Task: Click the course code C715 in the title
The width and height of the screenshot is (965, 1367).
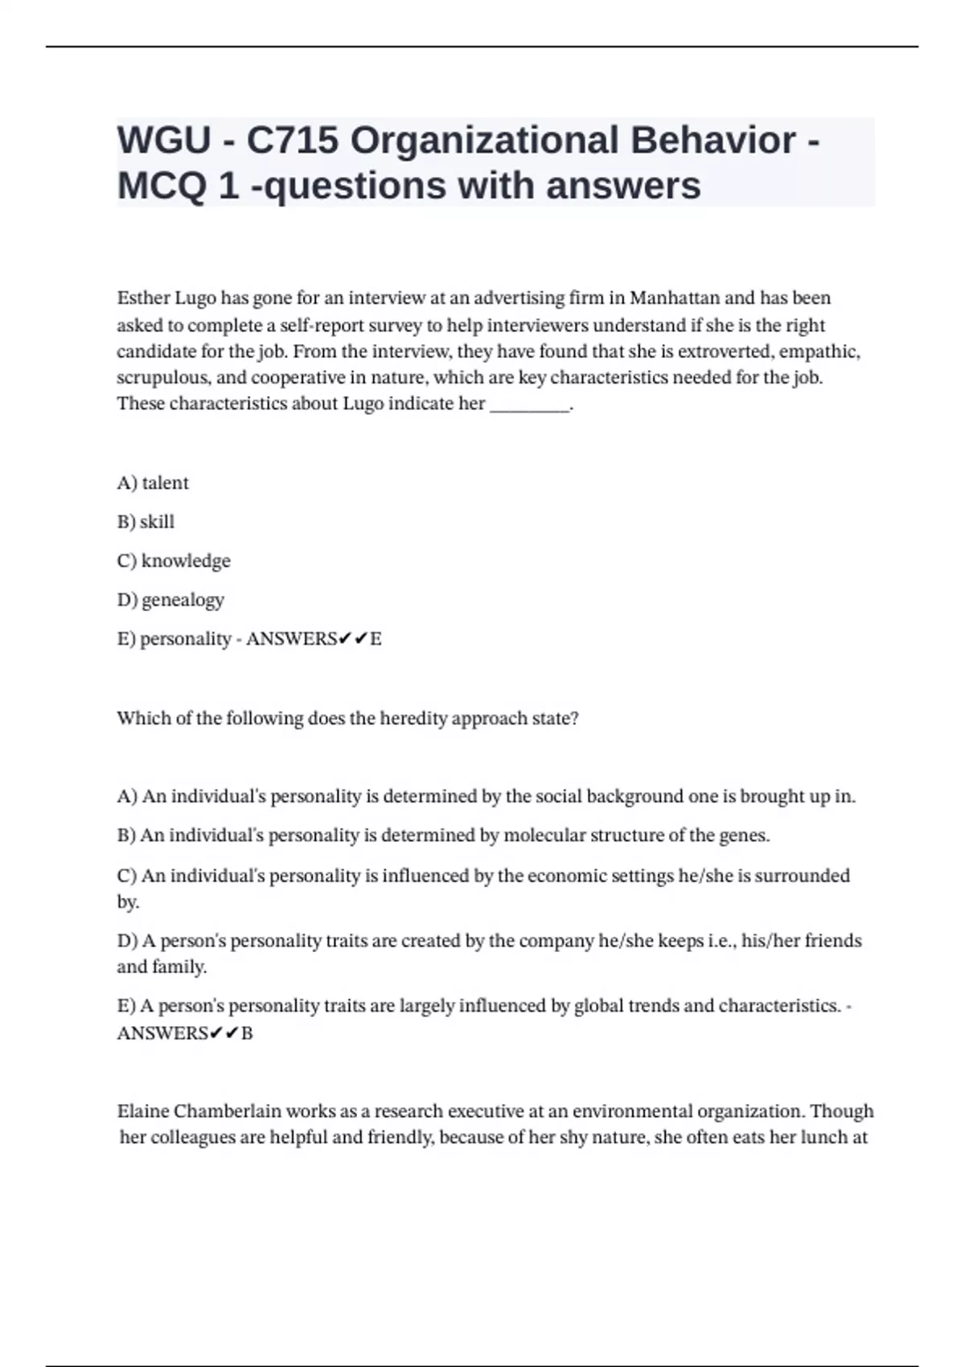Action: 292,141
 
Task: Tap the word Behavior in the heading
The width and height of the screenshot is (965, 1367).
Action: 712,141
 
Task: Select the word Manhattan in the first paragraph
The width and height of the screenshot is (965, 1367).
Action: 674,298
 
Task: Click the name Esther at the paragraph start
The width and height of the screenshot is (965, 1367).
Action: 143,298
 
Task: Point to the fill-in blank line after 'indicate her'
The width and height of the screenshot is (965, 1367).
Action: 529,405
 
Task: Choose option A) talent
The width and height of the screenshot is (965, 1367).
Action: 153,483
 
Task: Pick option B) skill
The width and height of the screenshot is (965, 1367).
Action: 146,522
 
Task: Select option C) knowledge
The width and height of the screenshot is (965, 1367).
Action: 174,561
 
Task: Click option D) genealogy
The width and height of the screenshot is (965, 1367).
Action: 170,600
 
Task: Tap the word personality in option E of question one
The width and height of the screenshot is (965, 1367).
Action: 185,639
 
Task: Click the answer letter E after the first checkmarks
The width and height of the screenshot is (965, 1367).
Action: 376,639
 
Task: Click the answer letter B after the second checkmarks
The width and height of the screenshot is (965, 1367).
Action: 247,1033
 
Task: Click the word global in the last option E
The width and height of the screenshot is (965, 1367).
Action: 599,1006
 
